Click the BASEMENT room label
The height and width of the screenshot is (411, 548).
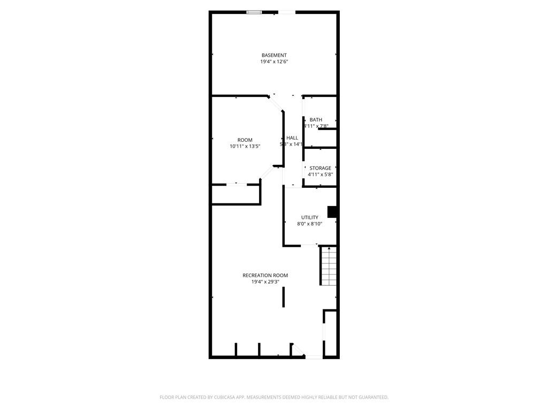coord(274,55)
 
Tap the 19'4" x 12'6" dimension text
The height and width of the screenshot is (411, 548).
coord(274,62)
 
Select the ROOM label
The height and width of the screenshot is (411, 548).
coord(245,140)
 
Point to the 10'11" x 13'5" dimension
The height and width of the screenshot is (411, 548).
coord(245,146)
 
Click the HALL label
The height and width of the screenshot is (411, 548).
coord(292,138)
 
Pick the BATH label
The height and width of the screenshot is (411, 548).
coord(316,120)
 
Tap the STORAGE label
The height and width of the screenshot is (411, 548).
coord(320,168)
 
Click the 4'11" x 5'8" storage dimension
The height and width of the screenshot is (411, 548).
coord(320,174)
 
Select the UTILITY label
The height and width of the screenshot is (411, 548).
coord(309,217)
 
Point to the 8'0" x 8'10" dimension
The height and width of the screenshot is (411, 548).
coord(309,224)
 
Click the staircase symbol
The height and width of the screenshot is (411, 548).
coord(328,266)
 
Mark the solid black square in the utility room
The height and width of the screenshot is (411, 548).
coord(332,212)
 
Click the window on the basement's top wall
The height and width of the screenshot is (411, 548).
coord(254,12)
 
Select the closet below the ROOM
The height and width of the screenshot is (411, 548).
coord(235,194)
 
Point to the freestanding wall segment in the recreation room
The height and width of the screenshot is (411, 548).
coord(284,297)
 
